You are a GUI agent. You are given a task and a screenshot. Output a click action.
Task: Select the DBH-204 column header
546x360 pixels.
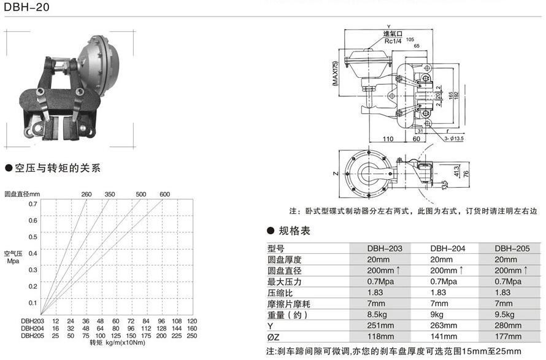coord(447,248)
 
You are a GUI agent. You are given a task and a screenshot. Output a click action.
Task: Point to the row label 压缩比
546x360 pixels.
coord(281,293)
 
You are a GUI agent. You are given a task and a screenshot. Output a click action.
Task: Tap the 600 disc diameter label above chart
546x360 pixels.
coord(164,194)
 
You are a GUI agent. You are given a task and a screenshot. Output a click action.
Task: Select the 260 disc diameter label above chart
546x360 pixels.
coord(87,194)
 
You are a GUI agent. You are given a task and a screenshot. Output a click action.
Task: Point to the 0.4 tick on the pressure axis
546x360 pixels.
coord(33,253)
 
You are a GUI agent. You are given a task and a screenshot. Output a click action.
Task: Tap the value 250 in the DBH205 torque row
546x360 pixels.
coord(191,335)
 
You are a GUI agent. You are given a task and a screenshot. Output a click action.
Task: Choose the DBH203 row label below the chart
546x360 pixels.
coord(33,321)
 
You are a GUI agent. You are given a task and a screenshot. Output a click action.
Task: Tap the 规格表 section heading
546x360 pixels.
coord(294,231)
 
